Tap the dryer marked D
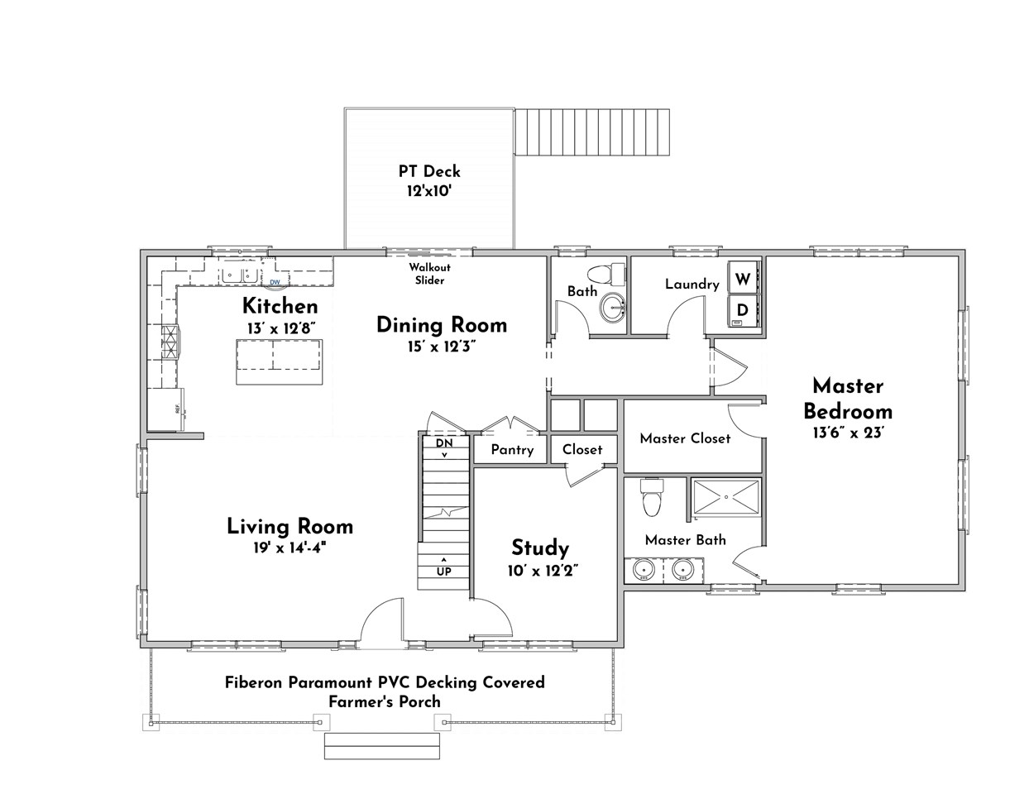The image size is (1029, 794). tap(744, 309)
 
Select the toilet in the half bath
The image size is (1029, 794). tap(606, 273)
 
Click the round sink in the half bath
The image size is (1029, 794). tap(614, 308)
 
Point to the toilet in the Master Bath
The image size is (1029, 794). tap(652, 497)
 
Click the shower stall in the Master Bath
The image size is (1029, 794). tap(726, 496)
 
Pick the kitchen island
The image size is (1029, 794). tap(280, 362)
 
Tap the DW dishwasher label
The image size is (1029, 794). tap(275, 282)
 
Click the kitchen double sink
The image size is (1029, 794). tap(240, 274)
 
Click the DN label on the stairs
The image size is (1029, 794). tap(444, 443)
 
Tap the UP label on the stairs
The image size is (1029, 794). tap(443, 572)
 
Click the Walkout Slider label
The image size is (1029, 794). tap(430, 274)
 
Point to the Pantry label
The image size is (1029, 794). tap(512, 450)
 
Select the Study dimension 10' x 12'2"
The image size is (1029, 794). tap(543, 571)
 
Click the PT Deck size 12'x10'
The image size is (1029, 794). tap(429, 191)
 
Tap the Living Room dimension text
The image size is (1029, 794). tap(290, 548)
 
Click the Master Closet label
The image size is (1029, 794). tap(685, 438)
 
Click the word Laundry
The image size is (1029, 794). tap(692, 284)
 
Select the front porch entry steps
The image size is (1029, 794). tap(381, 746)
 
